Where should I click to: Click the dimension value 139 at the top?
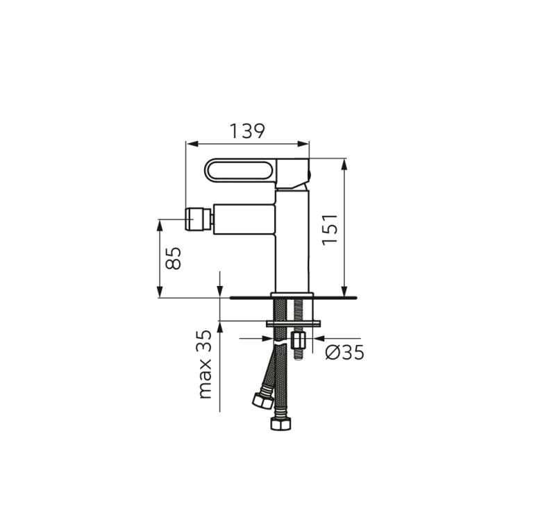[247, 130]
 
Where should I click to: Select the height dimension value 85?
[174, 258]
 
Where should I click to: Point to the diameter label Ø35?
[344, 353]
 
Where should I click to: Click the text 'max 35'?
[204, 364]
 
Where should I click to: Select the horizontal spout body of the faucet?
[243, 219]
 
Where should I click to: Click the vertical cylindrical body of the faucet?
[292, 243]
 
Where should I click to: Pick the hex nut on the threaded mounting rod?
[300, 340]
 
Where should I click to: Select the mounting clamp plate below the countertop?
[294, 322]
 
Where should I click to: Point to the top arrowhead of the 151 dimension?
[344, 162]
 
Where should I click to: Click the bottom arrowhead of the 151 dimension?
[344, 293]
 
